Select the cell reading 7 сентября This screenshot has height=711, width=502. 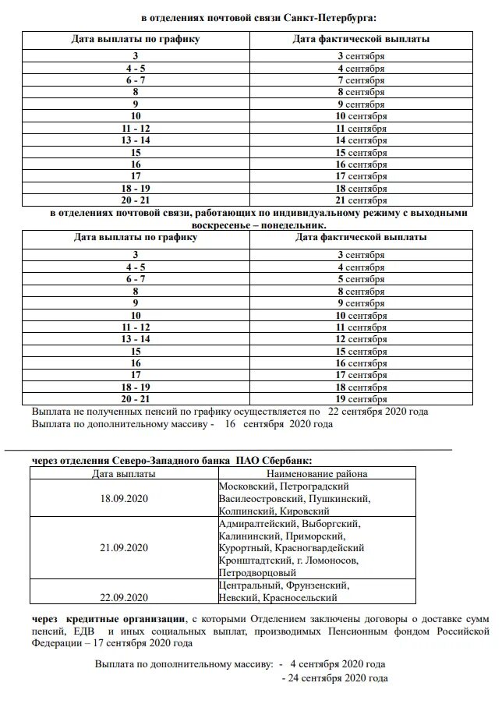click(x=361, y=80)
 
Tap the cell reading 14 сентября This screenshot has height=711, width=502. click(x=361, y=140)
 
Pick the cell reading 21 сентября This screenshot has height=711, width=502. click(x=361, y=200)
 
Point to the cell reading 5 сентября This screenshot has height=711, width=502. click(x=361, y=279)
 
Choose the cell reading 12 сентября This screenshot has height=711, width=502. click(x=361, y=339)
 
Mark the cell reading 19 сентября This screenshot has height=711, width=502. click(x=361, y=399)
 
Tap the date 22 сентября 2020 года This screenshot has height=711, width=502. click(x=378, y=412)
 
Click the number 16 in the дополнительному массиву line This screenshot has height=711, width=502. click(x=229, y=425)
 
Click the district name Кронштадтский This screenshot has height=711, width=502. click(x=254, y=561)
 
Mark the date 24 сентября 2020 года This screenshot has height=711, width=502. click(x=338, y=678)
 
